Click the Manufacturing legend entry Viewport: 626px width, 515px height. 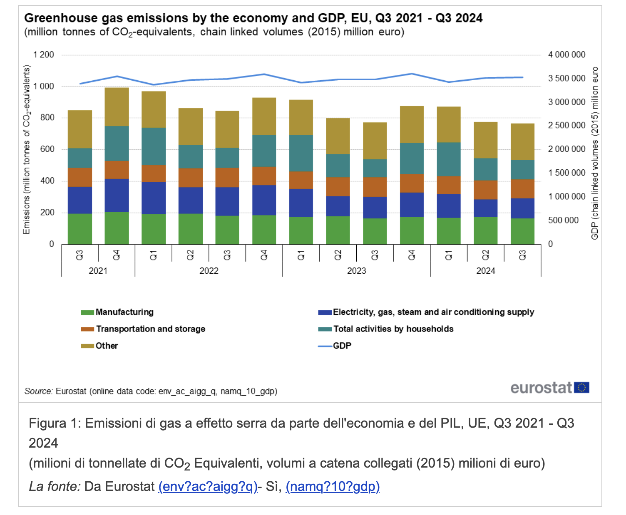(x=124, y=312)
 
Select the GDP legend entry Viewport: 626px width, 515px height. (x=342, y=346)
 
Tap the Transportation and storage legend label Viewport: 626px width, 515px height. (x=150, y=329)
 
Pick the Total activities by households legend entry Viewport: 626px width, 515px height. (x=393, y=329)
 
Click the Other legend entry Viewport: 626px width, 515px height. (x=107, y=346)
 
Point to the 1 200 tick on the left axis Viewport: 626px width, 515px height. (x=44, y=55)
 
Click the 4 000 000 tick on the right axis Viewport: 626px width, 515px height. (x=566, y=55)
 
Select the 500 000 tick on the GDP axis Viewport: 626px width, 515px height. (x=563, y=220)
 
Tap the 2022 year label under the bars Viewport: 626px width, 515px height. (x=209, y=271)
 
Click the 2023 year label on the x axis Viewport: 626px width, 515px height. (x=357, y=271)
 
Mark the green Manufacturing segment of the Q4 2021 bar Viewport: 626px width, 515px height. (x=117, y=228)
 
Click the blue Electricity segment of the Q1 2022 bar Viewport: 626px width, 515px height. (x=154, y=198)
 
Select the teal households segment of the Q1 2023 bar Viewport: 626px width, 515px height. (x=301, y=153)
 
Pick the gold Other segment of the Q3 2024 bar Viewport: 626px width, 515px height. (x=522, y=141)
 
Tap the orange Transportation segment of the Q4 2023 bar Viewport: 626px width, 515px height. (x=412, y=183)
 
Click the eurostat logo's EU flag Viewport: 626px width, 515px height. (x=581, y=388)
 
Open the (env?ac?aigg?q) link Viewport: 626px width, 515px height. (x=208, y=486)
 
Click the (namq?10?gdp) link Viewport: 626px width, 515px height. (x=333, y=486)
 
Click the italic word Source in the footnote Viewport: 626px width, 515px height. (x=38, y=391)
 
